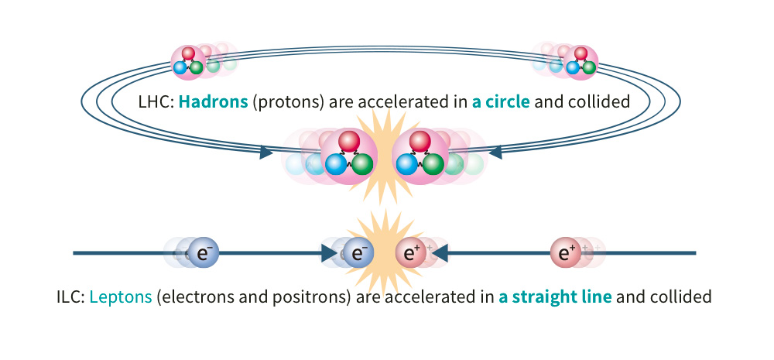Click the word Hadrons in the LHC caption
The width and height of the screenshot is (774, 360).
214,101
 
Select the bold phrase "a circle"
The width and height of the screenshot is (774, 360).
501,101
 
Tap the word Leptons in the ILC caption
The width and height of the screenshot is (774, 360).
121,297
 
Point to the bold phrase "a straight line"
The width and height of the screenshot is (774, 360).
555,297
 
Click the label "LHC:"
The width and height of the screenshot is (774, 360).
156,101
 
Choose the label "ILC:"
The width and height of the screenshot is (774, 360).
71,297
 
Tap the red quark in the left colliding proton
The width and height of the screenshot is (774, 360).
349,141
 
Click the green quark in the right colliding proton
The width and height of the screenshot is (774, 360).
433,164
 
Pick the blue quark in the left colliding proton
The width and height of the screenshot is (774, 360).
336,164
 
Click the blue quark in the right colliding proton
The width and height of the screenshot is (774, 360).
407,164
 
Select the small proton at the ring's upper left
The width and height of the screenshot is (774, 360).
188,62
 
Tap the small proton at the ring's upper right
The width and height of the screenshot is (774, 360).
580,62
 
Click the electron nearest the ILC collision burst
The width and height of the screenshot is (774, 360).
358,253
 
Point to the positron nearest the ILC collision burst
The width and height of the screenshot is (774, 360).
411,253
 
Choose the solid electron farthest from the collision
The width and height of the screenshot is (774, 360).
204,253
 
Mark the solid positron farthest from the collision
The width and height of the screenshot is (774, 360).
566,253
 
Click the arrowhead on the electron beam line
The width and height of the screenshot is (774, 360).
330,253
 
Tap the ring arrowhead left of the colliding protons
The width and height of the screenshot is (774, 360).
266,153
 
